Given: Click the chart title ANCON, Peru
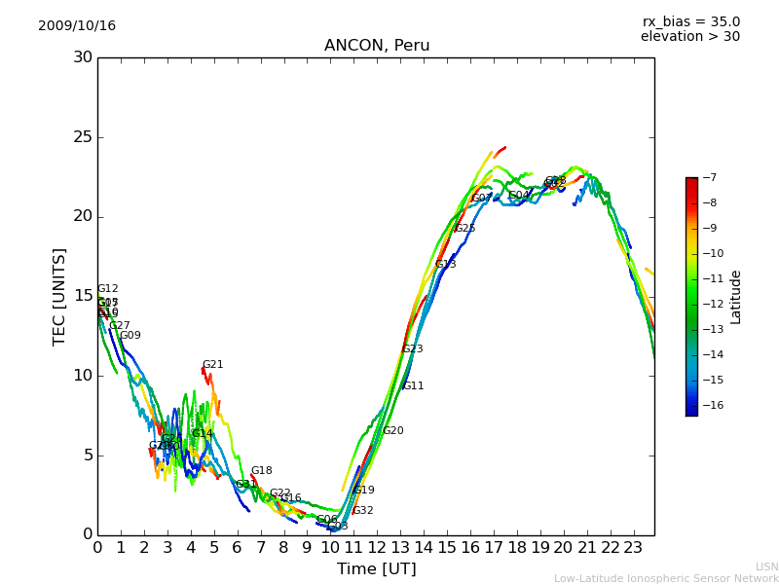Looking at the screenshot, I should pyautogui.click(x=376, y=46).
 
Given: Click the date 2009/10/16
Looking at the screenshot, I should pyautogui.click(x=77, y=26).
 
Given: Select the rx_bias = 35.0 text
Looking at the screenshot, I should pyautogui.click(x=690, y=22).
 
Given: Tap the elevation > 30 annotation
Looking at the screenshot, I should pyautogui.click(x=689, y=37).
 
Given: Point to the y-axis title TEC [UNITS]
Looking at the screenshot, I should pyautogui.click(x=60, y=296).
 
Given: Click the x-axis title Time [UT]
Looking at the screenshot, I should pyautogui.click(x=376, y=569).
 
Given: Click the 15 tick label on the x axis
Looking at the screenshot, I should pyautogui.click(x=447, y=548).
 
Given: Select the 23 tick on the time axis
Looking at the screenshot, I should pyautogui.click(x=633, y=548).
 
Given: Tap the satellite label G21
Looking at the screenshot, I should pyautogui.click(x=213, y=365).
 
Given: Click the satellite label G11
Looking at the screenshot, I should pyautogui.click(x=414, y=386).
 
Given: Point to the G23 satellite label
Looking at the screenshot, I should pyautogui.click(x=413, y=349).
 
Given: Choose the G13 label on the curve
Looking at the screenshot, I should pyautogui.click(x=446, y=265).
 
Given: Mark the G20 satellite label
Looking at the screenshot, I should pyautogui.click(x=393, y=431).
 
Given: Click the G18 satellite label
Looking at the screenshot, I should pyautogui.click(x=262, y=471).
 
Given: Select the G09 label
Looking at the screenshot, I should pyautogui.click(x=130, y=336).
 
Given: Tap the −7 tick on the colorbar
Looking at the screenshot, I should pyautogui.click(x=708, y=178).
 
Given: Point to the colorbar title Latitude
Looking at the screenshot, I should pyautogui.click(x=736, y=297).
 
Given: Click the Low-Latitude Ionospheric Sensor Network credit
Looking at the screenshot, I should pyautogui.click(x=666, y=578).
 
